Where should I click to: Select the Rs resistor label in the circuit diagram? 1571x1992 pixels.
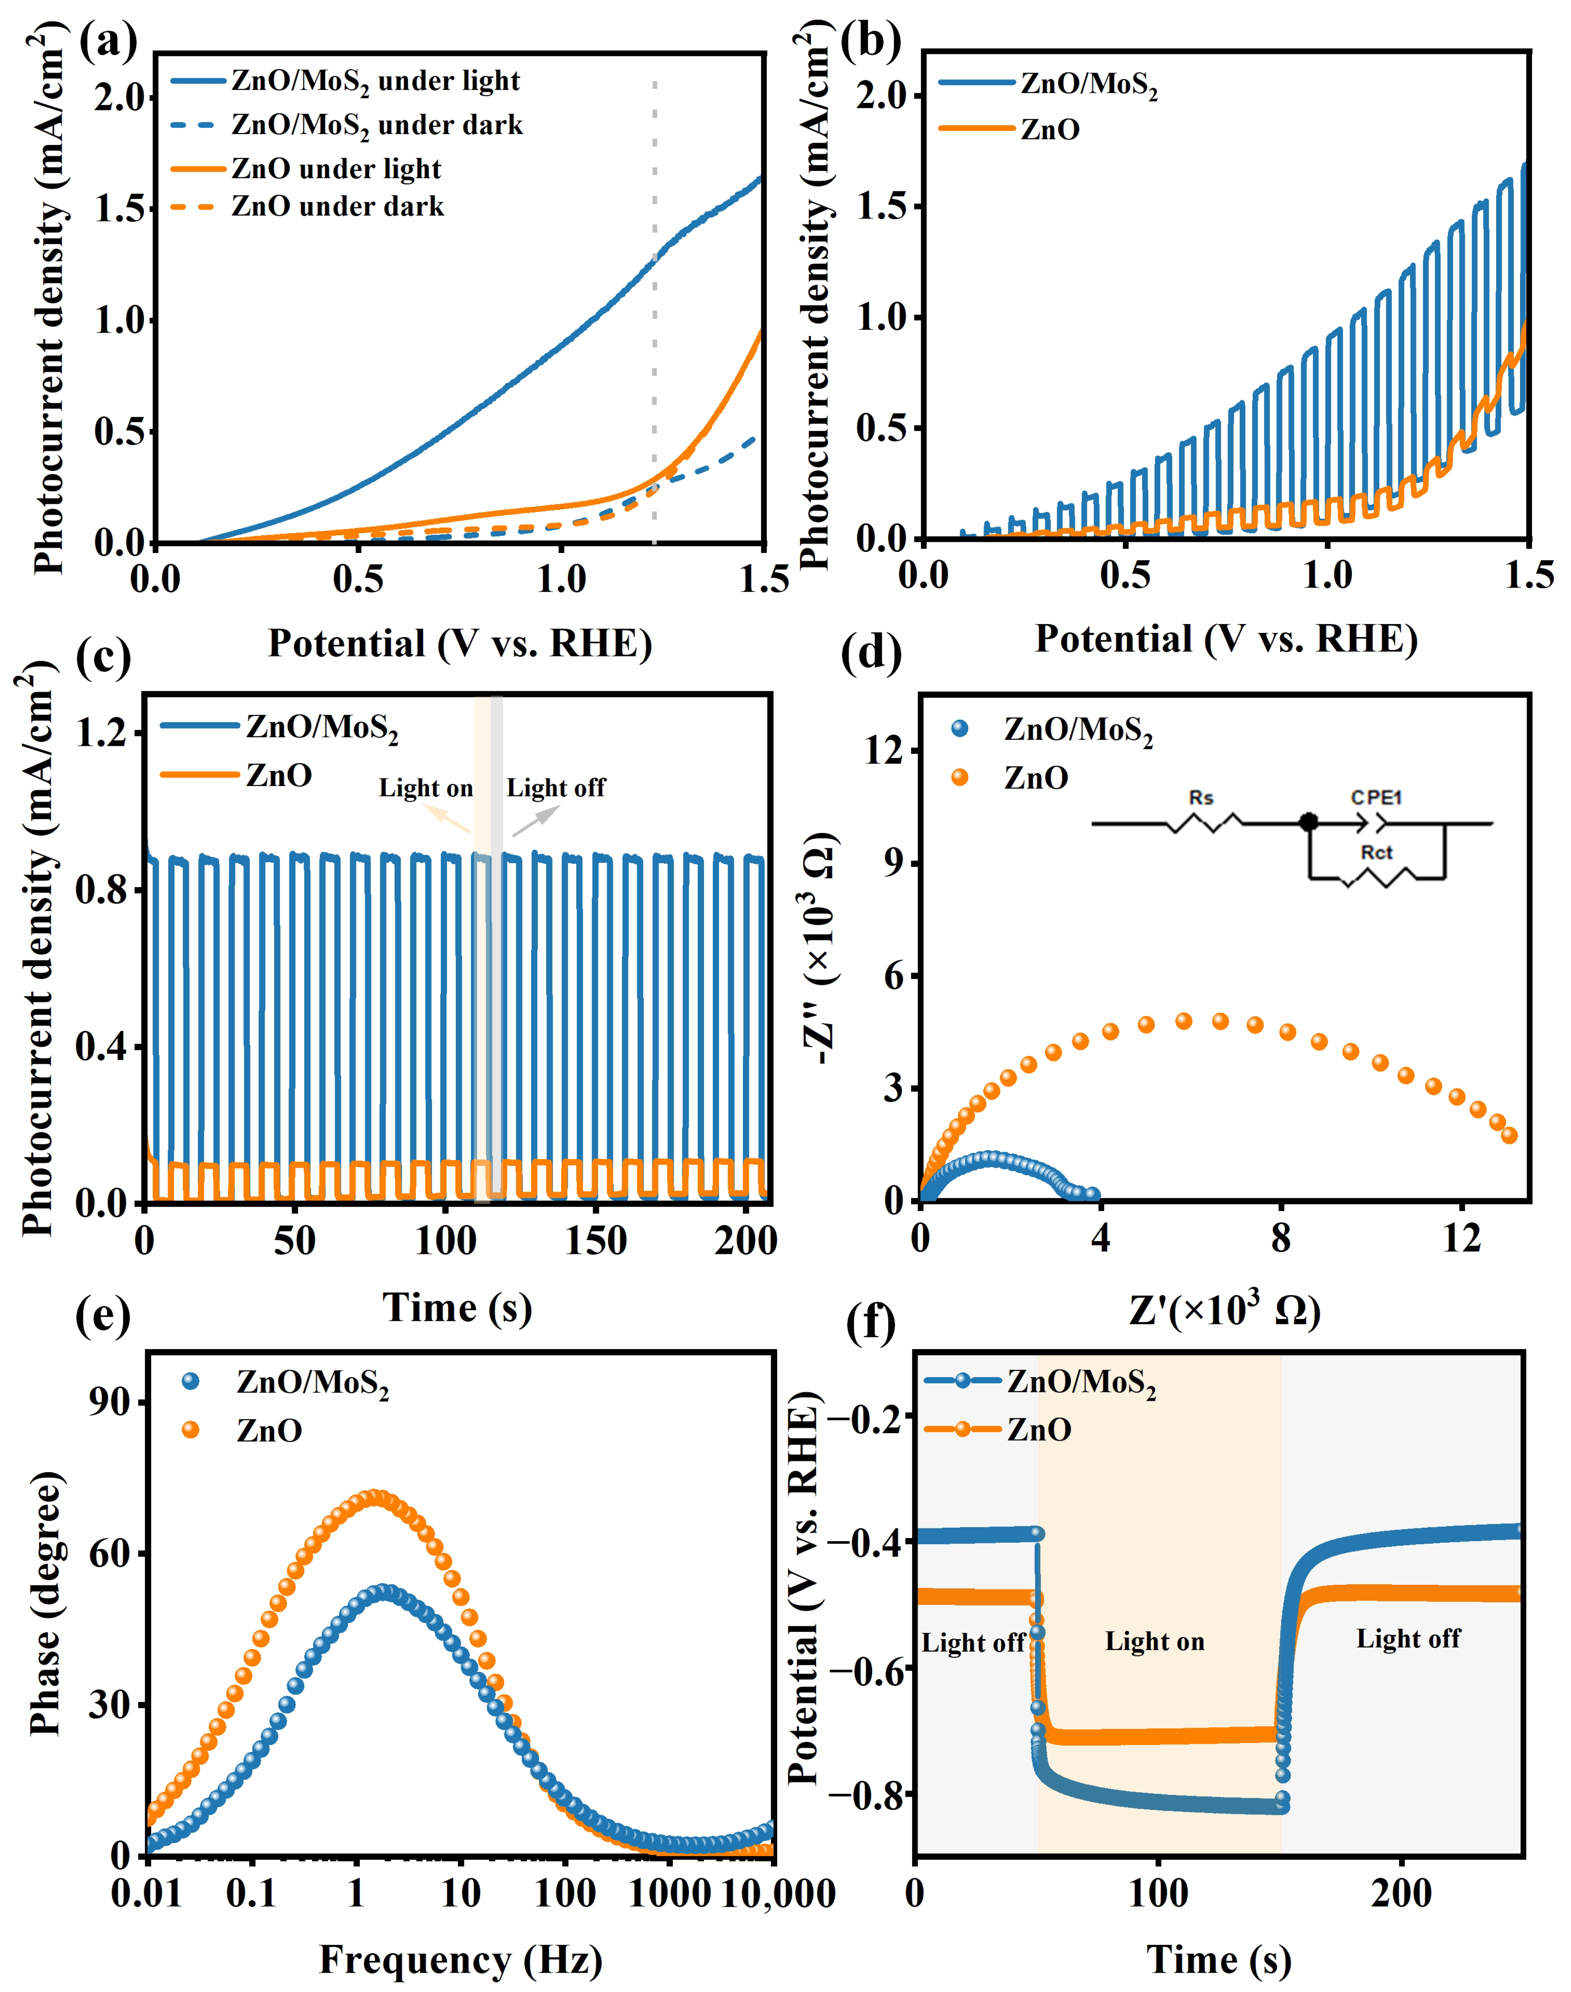click(x=1200, y=797)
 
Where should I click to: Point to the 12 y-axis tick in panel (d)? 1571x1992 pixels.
click(x=883, y=751)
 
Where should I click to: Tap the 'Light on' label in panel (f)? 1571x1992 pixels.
click(x=1154, y=1641)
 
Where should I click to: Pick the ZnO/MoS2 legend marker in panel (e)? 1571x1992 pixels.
click(x=191, y=1381)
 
